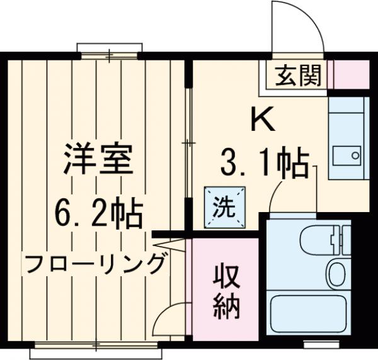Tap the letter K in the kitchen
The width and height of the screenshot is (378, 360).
click(x=263, y=120)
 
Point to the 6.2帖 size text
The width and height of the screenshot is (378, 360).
click(x=97, y=214)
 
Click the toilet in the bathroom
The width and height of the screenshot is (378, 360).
click(x=318, y=239)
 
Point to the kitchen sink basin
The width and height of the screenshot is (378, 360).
click(x=347, y=155)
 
